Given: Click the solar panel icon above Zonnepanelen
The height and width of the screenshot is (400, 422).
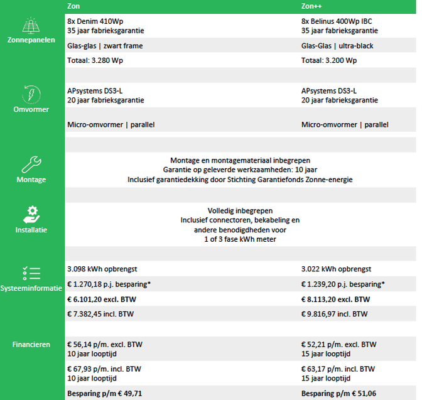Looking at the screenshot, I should (31, 26).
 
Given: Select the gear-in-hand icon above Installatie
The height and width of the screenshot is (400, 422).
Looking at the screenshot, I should (31, 214).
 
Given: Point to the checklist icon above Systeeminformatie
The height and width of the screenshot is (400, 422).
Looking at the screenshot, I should (31, 273).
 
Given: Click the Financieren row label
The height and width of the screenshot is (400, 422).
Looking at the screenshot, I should (31, 345).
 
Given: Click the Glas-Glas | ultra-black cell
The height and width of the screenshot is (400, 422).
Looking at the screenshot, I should (336, 45).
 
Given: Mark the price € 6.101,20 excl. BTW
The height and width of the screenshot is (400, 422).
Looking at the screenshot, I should (104, 299).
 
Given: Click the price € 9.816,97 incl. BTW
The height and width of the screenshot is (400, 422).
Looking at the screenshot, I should (335, 313).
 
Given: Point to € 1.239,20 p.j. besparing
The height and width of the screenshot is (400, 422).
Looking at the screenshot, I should (343, 284).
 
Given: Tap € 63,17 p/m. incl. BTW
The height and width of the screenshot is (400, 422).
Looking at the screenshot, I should (338, 369).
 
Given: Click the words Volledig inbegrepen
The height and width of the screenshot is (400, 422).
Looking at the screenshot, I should (240, 210).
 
